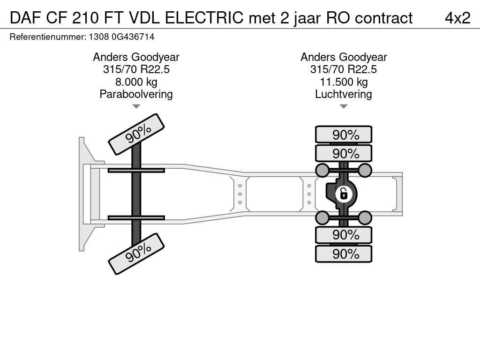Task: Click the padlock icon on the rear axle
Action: [x=344, y=193]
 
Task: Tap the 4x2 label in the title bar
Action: [x=457, y=18]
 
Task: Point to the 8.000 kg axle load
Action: [x=136, y=82]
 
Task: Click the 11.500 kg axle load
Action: [x=344, y=82]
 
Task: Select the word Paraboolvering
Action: [x=136, y=94]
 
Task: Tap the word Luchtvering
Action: [x=344, y=94]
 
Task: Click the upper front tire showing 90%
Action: [x=136, y=134]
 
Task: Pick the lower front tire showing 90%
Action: [x=136, y=254]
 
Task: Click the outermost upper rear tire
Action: [x=344, y=135]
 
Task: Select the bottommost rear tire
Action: [x=344, y=254]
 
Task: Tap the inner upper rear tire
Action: [x=344, y=153]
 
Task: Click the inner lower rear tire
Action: [x=344, y=235]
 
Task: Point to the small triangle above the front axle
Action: [x=136, y=106]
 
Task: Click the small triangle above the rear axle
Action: [x=344, y=106]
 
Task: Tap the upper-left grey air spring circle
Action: [x=322, y=170]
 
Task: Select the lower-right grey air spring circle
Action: [x=365, y=217]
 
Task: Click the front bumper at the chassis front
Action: [x=82, y=194]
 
